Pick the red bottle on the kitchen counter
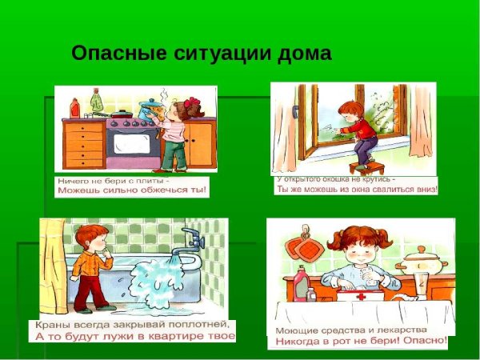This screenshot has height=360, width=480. pos(75,108)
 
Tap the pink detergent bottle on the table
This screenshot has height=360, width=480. pos(301,284)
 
